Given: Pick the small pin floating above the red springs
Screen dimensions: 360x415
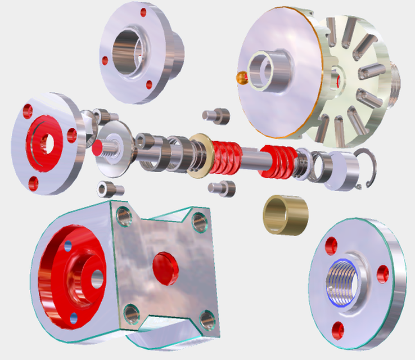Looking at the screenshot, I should click(216, 116).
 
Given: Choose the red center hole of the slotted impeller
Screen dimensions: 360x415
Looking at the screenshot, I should click(338, 79).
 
